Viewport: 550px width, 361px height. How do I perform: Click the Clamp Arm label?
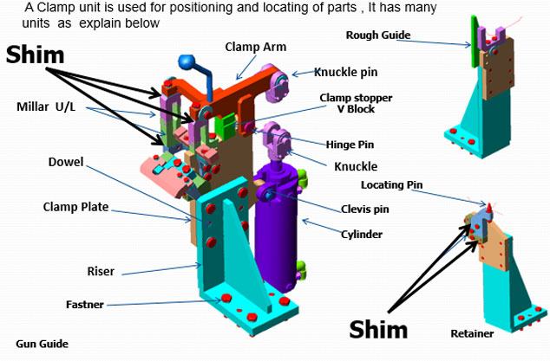coord(255,46)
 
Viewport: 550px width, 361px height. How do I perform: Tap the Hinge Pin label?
coord(350,145)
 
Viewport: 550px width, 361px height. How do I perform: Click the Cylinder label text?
coord(360,234)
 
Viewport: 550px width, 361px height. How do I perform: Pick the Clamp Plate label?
coord(74,207)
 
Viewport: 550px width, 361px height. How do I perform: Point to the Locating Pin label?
coord(390,184)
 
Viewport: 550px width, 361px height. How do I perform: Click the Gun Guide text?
coord(42,344)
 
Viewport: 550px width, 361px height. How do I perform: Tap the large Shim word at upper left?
coord(35,55)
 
